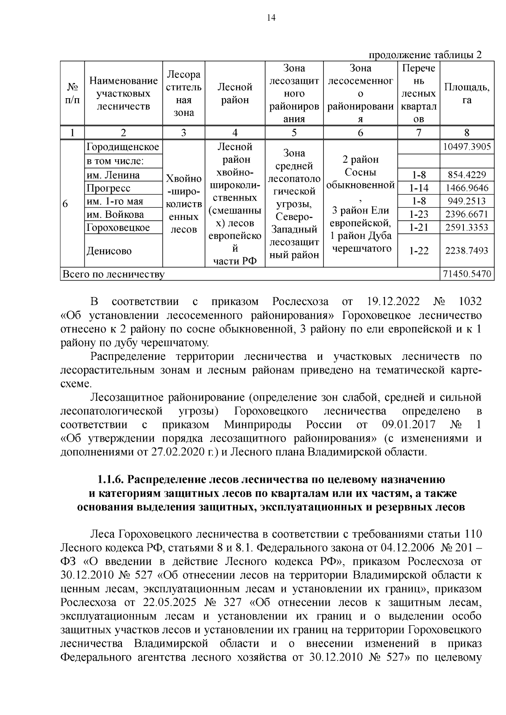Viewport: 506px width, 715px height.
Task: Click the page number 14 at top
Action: click(271, 17)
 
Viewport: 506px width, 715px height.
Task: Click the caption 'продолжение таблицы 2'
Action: click(425, 55)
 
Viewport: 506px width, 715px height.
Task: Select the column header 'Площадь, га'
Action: click(466, 93)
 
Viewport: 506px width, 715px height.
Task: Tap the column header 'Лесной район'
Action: click(235, 93)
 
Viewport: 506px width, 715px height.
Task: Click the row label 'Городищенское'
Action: click(123, 147)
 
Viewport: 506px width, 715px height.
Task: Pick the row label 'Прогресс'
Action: click(108, 188)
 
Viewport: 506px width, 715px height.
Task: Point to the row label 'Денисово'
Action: click(109, 251)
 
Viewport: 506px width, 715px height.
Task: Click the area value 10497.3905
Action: click(466, 147)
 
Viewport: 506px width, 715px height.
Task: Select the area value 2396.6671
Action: click(466, 214)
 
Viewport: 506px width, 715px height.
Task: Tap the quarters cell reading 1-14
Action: click(419, 188)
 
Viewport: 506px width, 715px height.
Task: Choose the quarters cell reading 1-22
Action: click(419, 251)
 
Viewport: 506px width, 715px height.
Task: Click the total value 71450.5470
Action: click(466, 274)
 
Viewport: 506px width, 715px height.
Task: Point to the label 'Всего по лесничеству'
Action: click(113, 275)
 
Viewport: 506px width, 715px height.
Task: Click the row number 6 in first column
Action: click(65, 204)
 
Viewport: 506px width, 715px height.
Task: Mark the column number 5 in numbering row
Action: click(294, 133)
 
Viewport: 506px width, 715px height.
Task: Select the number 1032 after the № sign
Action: click(469, 302)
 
